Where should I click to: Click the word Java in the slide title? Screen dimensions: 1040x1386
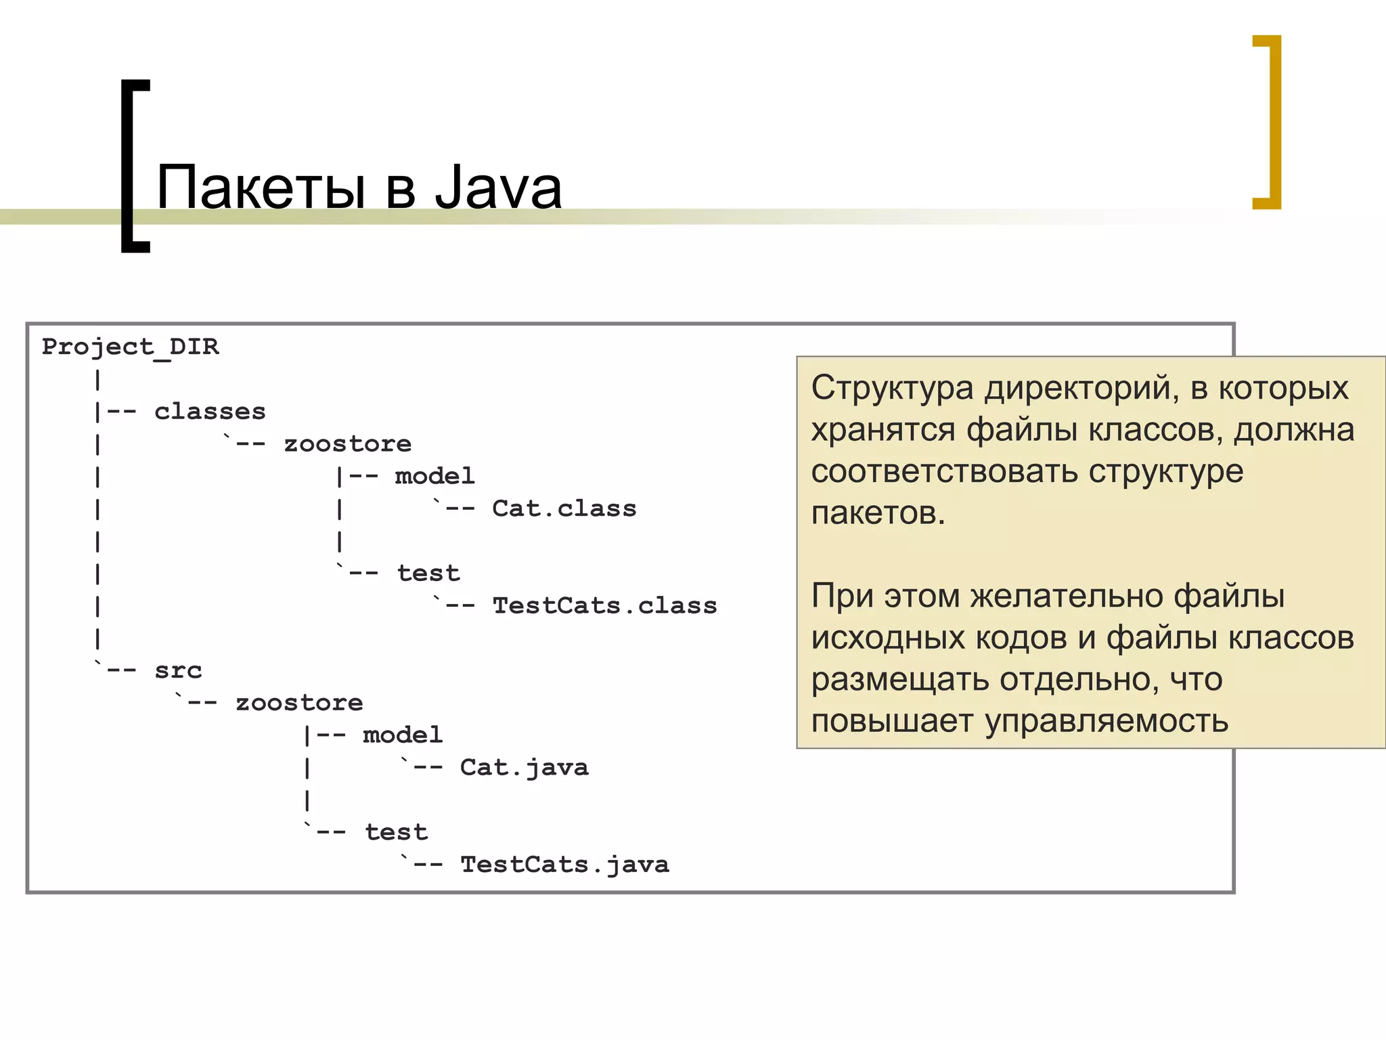click(498, 188)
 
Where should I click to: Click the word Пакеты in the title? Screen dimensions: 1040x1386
click(261, 188)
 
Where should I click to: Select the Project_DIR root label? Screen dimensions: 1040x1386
click(131, 347)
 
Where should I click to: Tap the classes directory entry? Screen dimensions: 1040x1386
click(210, 412)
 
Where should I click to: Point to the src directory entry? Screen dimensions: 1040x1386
click(178, 670)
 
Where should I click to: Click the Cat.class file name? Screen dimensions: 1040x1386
click(564, 508)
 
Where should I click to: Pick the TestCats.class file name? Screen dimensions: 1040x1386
click(604, 605)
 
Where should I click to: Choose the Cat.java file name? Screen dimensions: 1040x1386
click(524, 767)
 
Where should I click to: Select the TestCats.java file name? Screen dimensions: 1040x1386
click(564, 864)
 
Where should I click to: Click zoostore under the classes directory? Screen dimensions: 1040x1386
click(347, 444)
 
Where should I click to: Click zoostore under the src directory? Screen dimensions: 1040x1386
click(299, 703)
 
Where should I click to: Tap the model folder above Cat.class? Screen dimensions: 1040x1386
click(434, 476)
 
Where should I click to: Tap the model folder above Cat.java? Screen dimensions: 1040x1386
click(402, 735)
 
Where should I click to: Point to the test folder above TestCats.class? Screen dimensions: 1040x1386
click(428, 573)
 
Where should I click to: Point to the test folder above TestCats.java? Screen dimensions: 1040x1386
click(397, 832)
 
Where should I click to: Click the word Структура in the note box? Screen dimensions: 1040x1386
click(892, 389)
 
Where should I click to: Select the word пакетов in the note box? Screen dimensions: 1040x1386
click(878, 513)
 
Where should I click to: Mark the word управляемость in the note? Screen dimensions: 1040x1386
click(1106, 721)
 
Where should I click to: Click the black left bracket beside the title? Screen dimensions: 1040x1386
click(134, 166)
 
